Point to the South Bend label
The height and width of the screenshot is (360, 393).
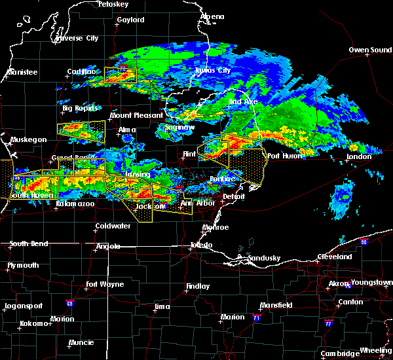(x=28, y=244)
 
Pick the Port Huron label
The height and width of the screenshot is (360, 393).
(x=282, y=156)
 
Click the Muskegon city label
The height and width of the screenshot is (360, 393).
(x=28, y=139)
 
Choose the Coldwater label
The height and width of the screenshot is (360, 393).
(x=114, y=226)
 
